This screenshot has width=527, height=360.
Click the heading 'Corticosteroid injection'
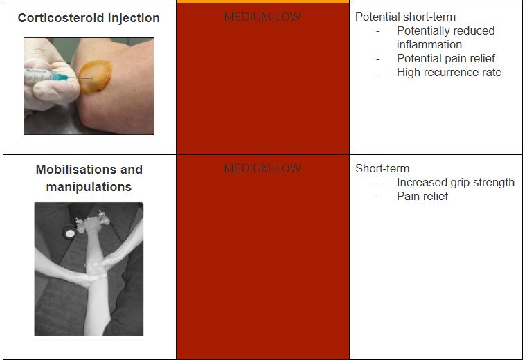(x=89, y=18)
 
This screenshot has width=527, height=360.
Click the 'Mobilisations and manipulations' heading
(x=89, y=178)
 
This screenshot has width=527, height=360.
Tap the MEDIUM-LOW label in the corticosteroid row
(x=262, y=17)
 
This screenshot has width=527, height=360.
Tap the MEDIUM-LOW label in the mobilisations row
(x=262, y=168)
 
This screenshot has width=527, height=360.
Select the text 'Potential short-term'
(x=405, y=17)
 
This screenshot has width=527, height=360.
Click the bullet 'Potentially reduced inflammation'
(x=446, y=37)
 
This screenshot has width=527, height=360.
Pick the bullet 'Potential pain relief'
(x=446, y=58)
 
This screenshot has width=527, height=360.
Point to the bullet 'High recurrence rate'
(x=449, y=72)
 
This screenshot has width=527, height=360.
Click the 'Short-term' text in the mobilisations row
(x=382, y=168)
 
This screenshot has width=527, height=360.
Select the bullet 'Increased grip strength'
(x=456, y=183)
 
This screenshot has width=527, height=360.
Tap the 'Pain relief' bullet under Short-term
(x=422, y=197)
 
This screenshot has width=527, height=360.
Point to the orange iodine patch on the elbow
(x=95, y=76)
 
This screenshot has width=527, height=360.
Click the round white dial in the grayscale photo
(x=70, y=233)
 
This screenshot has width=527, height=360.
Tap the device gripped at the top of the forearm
(x=92, y=222)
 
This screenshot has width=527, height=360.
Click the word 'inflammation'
(x=429, y=45)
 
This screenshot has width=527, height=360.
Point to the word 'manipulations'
(x=89, y=187)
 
